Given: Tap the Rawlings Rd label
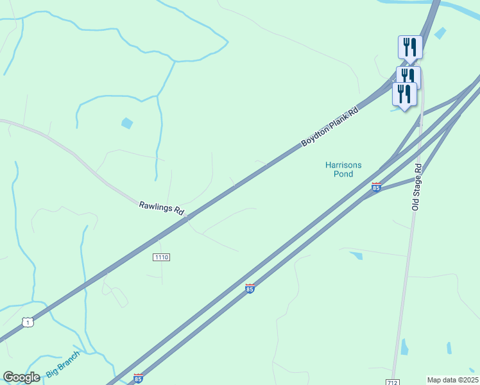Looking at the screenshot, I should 162,208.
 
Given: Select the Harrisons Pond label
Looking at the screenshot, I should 343,169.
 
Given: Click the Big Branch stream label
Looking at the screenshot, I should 64,364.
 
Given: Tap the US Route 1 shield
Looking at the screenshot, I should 27,321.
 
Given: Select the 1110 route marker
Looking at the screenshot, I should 161,257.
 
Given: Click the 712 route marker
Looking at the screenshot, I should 393,382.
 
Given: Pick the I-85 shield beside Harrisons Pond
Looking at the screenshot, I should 376,187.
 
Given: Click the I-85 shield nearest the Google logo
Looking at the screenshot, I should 139,379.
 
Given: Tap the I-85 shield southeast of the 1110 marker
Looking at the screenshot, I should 250,289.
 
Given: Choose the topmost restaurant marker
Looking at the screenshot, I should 410,47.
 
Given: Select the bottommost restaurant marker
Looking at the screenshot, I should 404,94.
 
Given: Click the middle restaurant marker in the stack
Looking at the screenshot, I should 409,75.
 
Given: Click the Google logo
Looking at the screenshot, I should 22,377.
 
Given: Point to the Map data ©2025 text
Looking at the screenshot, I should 452,380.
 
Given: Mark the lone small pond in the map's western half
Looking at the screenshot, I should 127,123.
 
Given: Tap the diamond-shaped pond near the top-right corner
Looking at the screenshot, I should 440,33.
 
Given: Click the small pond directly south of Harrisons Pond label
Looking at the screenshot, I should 357,255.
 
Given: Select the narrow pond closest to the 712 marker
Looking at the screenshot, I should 404,347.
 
